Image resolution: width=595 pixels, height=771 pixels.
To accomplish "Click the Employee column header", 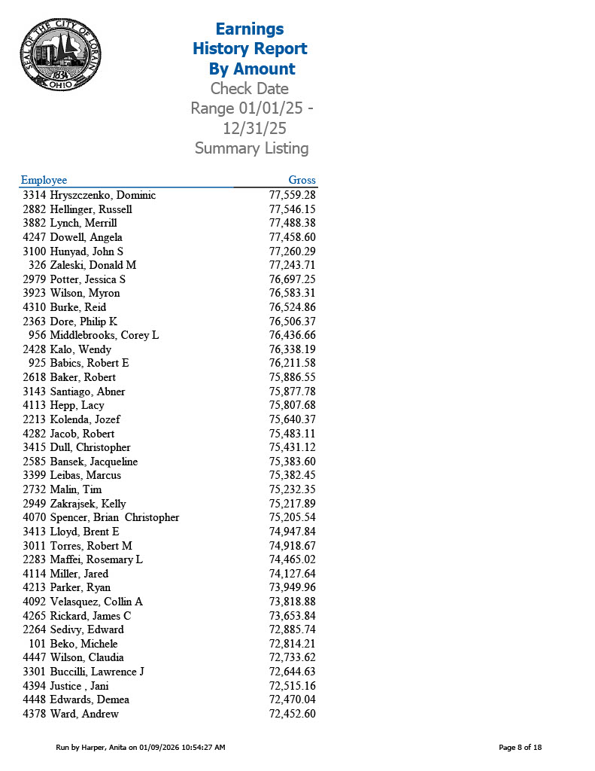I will (44, 180).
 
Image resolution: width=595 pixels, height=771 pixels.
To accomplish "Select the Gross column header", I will (302, 180).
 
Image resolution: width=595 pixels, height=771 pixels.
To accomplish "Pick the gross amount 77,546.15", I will (292, 209).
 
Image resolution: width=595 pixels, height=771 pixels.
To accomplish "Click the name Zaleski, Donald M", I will (93, 265).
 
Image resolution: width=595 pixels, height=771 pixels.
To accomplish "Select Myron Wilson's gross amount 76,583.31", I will (292, 293).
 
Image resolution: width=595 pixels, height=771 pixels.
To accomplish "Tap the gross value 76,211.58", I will (292, 363).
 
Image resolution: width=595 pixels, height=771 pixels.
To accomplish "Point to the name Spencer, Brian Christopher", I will (114, 517).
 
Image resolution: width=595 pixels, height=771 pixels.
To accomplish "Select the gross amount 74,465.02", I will (292, 559).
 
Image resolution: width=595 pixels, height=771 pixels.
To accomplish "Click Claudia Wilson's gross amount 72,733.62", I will (292, 657).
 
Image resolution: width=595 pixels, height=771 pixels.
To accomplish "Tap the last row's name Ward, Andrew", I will (84, 714).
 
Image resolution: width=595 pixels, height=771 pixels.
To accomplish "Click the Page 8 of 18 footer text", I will (520, 748).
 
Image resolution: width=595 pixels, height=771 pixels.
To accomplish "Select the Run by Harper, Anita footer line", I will (141, 748).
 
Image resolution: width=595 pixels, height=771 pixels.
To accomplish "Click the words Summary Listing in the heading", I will (251, 148).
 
